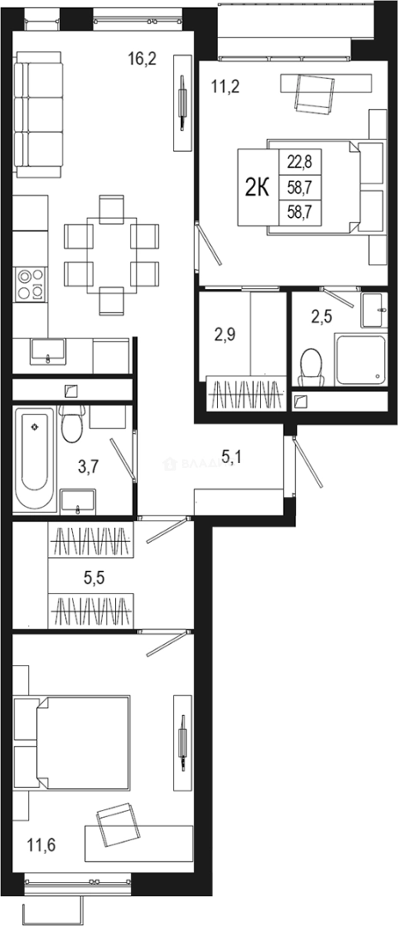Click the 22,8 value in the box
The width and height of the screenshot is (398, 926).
point(298,160)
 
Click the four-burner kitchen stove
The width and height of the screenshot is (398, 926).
point(30,283)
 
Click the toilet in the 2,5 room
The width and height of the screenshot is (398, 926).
point(310,366)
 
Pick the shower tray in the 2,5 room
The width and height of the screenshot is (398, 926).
point(359,359)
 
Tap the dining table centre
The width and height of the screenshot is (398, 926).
point(112,254)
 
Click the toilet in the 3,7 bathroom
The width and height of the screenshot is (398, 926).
point(73,423)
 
